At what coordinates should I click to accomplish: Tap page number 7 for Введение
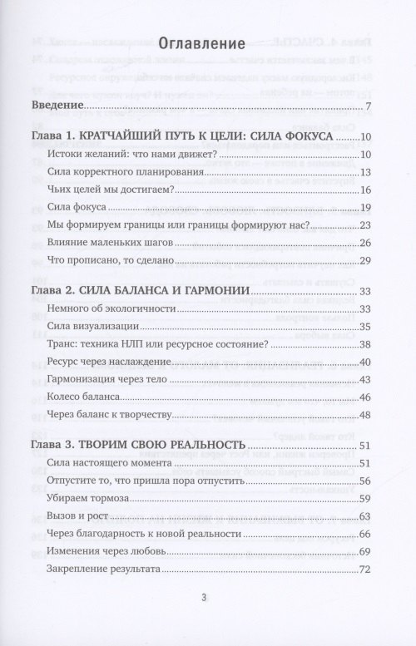pyautogui.click(x=368, y=107)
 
